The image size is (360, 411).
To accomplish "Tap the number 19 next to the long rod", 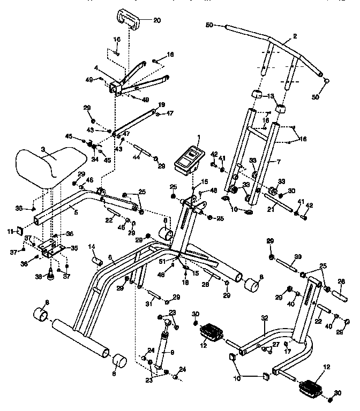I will (x=161, y=105).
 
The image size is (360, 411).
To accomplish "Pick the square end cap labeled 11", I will (x=18, y=231).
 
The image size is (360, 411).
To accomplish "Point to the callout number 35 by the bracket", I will (x=74, y=248).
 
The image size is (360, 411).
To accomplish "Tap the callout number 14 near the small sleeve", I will (x=92, y=247).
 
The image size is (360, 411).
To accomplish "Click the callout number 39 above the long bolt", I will (x=298, y=257).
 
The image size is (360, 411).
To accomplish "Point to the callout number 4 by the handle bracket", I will (x=95, y=68).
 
